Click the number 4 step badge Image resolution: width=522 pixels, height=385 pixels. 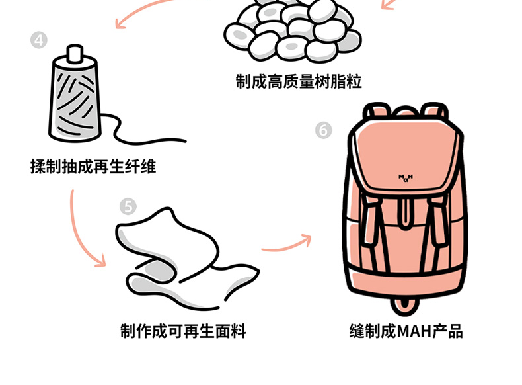click(x=39, y=40)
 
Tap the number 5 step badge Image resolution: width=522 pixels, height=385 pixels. click(x=128, y=207)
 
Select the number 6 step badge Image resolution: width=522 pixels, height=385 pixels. click(x=323, y=130)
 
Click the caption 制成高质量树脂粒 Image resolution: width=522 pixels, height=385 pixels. click(x=299, y=81)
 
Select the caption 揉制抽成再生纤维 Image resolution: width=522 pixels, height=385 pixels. click(x=93, y=166)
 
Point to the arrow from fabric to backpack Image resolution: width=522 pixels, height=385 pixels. click(x=286, y=243)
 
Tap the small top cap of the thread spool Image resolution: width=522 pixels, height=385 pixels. click(x=75, y=52)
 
